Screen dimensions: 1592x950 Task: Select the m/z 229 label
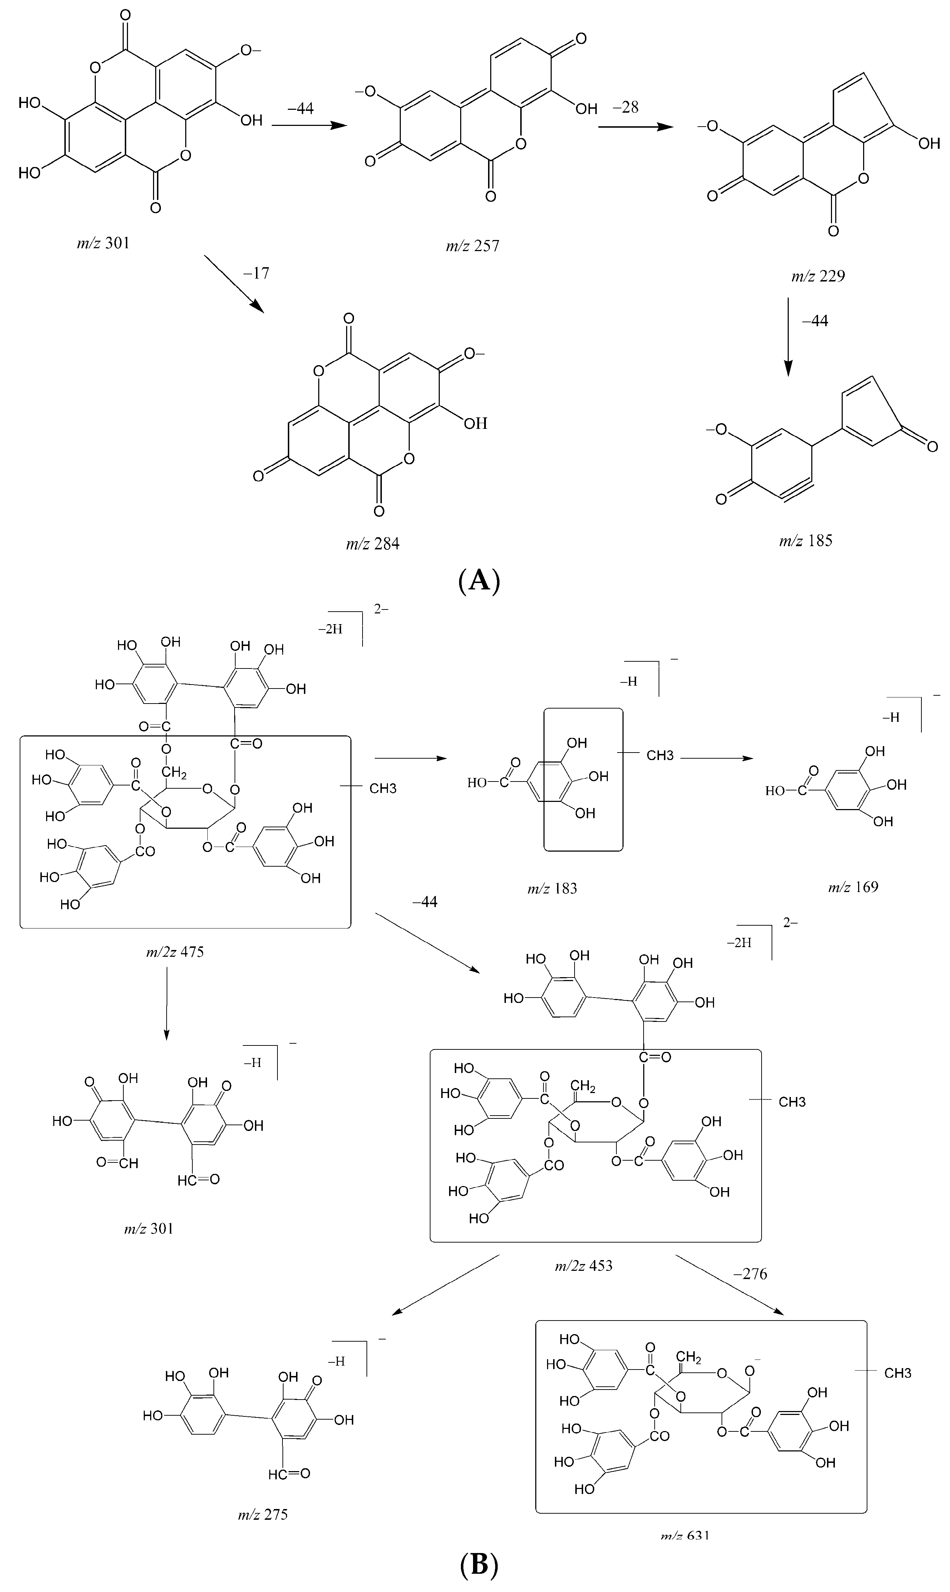[x=817, y=276]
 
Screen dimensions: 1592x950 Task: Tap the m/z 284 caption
[x=373, y=544]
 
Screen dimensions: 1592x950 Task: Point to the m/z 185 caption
[x=805, y=540]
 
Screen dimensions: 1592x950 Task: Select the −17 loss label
[x=256, y=274]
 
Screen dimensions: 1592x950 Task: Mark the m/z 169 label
[x=853, y=887]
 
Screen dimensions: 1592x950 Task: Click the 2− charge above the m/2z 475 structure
[x=381, y=609]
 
